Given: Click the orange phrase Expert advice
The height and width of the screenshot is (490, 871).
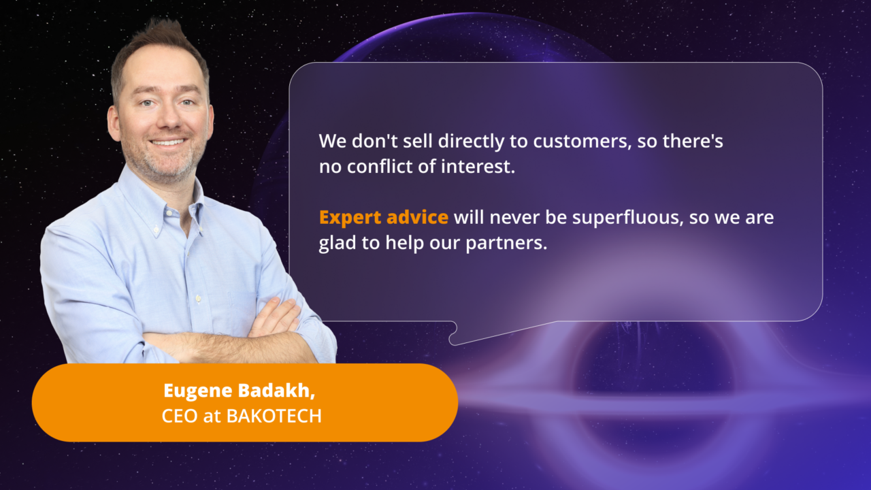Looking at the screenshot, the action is (383, 218).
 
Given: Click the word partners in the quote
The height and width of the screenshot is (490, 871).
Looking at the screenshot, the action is (506, 244).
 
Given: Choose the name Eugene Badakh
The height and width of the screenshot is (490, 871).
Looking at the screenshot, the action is (239, 391).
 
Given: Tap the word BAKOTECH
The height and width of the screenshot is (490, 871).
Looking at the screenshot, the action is (274, 416).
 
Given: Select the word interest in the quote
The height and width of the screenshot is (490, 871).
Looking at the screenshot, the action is (478, 167).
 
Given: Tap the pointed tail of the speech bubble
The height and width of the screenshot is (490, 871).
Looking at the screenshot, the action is (453, 342).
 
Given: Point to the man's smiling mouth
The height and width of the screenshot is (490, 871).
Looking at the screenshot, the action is (168, 142).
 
